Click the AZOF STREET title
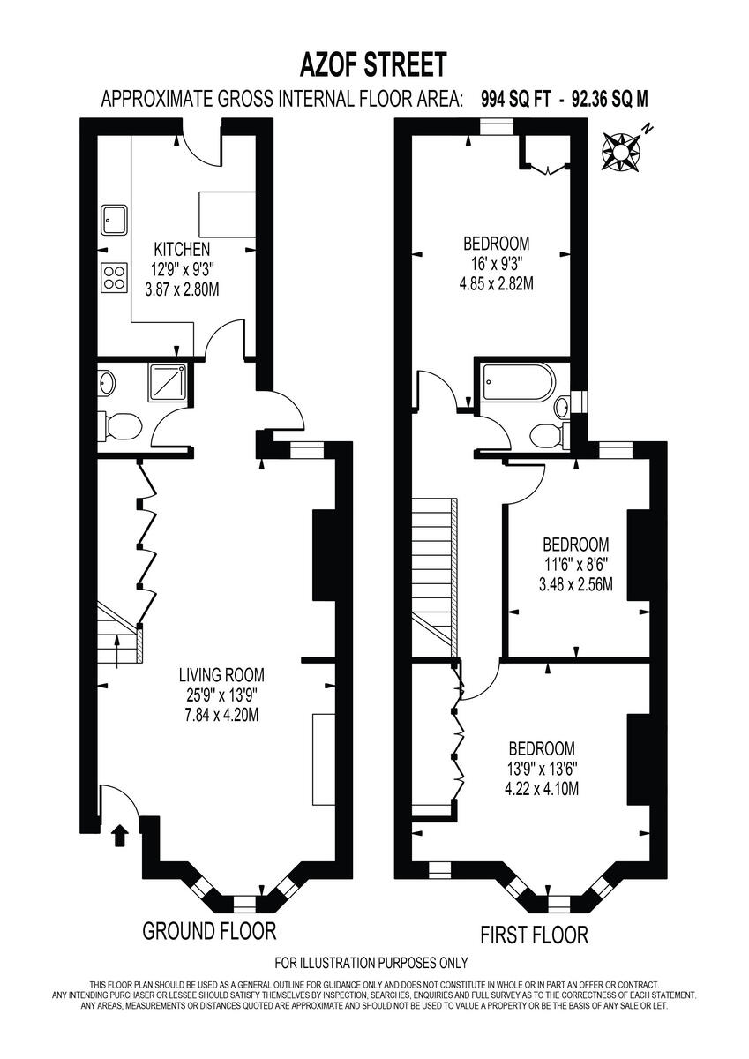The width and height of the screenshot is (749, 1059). pos(374,64)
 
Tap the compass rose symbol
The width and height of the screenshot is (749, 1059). pos(622,149)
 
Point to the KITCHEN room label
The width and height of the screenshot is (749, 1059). pos(182,248)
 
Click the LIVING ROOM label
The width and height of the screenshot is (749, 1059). pos(221,675)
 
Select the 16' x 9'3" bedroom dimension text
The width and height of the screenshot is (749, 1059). pos(497,264)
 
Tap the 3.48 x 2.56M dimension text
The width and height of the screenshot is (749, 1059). pos(576,584)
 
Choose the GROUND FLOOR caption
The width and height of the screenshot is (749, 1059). pos(209,930)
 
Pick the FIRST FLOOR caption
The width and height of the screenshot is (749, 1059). pos(533,934)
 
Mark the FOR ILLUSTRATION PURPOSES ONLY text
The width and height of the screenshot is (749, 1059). pos(371,963)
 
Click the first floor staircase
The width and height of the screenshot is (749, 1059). pos(433,574)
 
